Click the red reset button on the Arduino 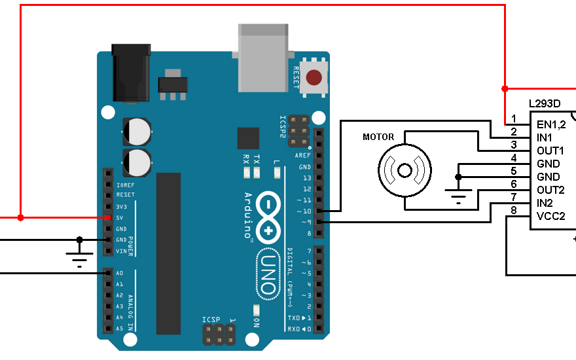pyautogui.click(x=314, y=77)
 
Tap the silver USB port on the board pyautogui.click(x=263, y=58)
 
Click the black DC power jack pyautogui.click(x=131, y=73)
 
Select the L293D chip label pyautogui.click(x=545, y=103)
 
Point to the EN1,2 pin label pyautogui.click(x=551, y=124)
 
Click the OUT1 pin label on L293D pyautogui.click(x=550, y=151)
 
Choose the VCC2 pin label pyautogui.click(x=550, y=216)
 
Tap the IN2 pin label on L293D pyautogui.click(x=545, y=203)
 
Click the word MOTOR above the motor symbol pyautogui.click(x=378, y=137)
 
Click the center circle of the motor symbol pyautogui.click(x=405, y=170)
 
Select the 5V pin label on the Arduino pyautogui.click(x=120, y=218)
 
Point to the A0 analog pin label pyautogui.click(x=120, y=273)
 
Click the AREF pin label pyautogui.click(x=302, y=155)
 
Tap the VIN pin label pyautogui.click(x=122, y=251)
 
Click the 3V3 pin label pyautogui.click(x=122, y=207)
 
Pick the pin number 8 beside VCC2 pyautogui.click(x=514, y=210)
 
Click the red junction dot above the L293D pyautogui.click(x=505, y=88)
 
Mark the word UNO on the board pyautogui.click(x=268, y=274)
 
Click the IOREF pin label pyautogui.click(x=125, y=185)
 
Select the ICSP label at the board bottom pyautogui.click(x=211, y=319)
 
